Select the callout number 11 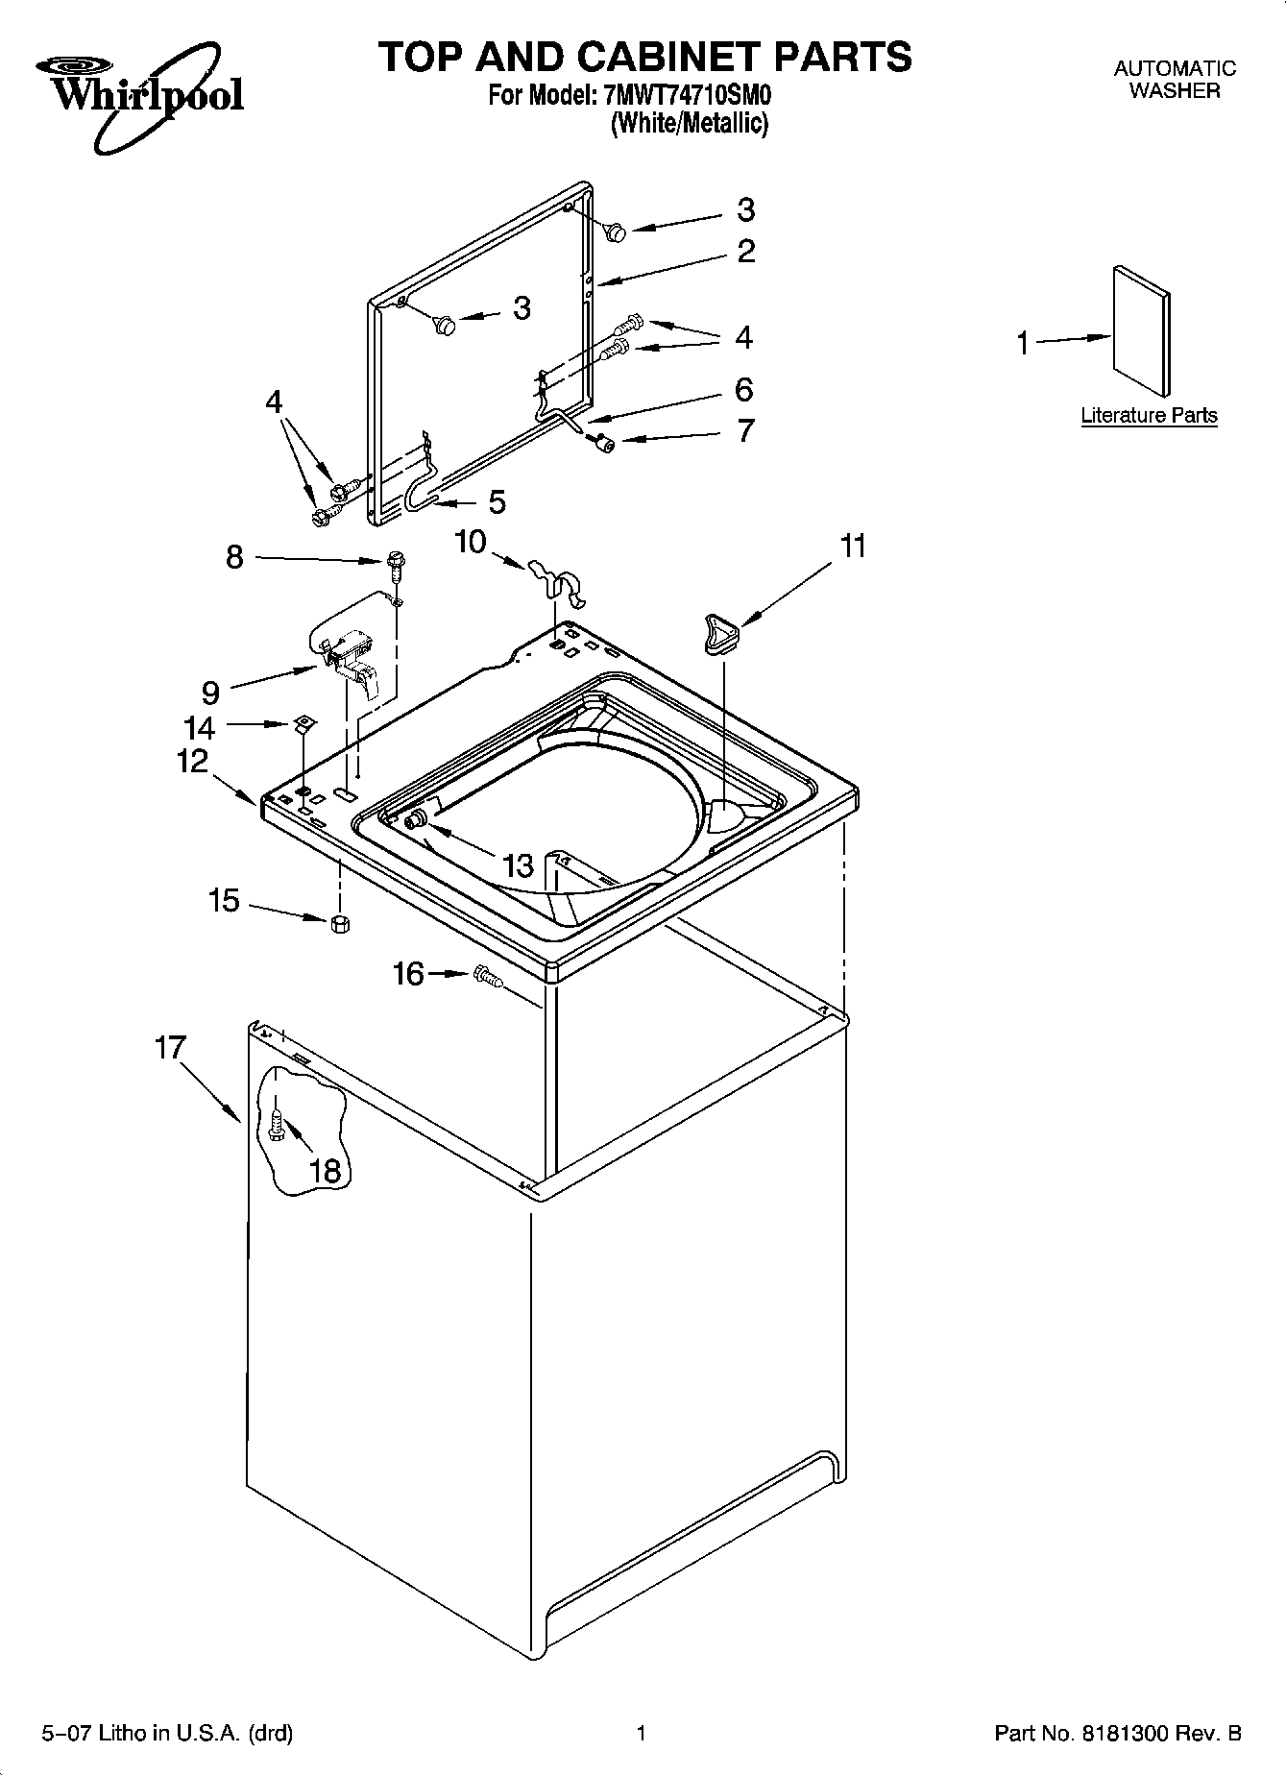coord(853,547)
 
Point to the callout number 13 coord(518,865)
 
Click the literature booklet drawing coord(1141,331)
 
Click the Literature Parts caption coord(1149,416)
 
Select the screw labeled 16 coord(489,978)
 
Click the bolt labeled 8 coord(395,567)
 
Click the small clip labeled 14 coord(303,722)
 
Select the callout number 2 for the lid coord(746,252)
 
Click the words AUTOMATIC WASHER coord(1174,80)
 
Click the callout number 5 coord(497,501)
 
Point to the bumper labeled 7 coord(604,442)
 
